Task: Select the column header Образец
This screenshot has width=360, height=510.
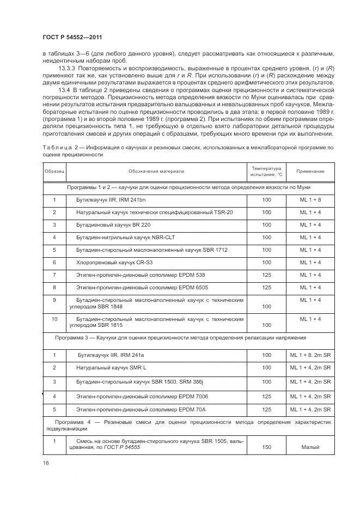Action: (x=54, y=171)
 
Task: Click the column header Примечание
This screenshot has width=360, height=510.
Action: (x=310, y=171)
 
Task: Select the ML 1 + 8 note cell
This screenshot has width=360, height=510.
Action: (x=310, y=200)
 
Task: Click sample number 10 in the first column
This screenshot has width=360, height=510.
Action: (x=54, y=319)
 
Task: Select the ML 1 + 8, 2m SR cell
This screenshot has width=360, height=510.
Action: (x=310, y=355)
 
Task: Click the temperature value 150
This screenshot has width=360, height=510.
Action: (x=266, y=447)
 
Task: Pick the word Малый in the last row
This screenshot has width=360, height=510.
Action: (x=310, y=447)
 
